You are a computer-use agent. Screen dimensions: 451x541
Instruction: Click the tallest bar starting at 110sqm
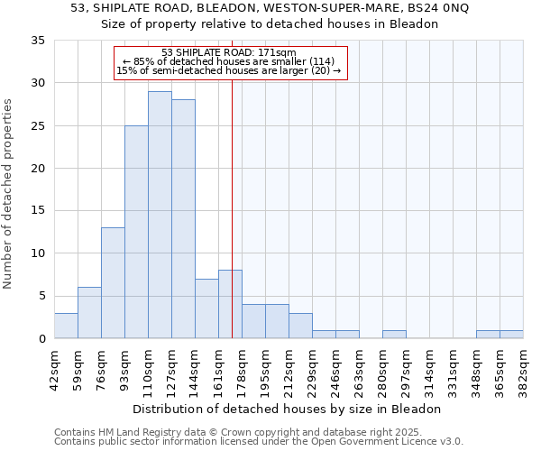[x=160, y=215]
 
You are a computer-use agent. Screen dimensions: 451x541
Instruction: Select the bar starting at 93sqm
[x=136, y=232]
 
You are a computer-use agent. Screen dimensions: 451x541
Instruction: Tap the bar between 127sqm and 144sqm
[x=183, y=219]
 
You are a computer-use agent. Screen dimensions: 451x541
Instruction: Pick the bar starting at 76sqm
[x=113, y=283]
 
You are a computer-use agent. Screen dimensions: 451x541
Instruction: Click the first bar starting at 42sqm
[x=66, y=326]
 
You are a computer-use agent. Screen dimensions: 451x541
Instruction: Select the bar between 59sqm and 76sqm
[x=89, y=313]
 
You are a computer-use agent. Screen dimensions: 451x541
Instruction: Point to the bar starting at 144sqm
[x=206, y=308]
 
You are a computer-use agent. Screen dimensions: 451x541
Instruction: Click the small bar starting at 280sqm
[x=394, y=335]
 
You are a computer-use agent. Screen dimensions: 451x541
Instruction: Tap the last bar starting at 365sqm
[x=511, y=335]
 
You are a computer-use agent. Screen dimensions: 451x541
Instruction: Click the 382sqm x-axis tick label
[x=523, y=372]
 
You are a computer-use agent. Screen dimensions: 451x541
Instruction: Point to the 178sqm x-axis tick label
[x=242, y=372]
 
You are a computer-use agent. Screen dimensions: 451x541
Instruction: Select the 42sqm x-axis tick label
[x=54, y=372]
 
